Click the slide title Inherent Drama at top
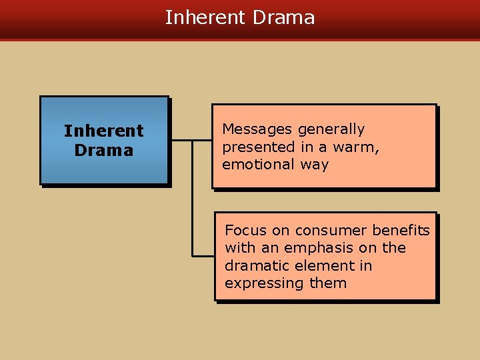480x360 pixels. click(x=239, y=17)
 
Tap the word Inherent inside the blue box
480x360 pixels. click(x=103, y=131)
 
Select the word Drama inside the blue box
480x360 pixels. click(x=103, y=151)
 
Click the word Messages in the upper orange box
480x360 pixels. click(x=257, y=129)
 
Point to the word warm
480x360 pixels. click(x=357, y=147)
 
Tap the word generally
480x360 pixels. click(x=331, y=129)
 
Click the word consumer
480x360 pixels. click(x=321, y=231)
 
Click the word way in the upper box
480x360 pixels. click(x=314, y=165)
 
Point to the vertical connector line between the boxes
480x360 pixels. click(x=193, y=200)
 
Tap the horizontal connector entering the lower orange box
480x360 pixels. click(x=203, y=255)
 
